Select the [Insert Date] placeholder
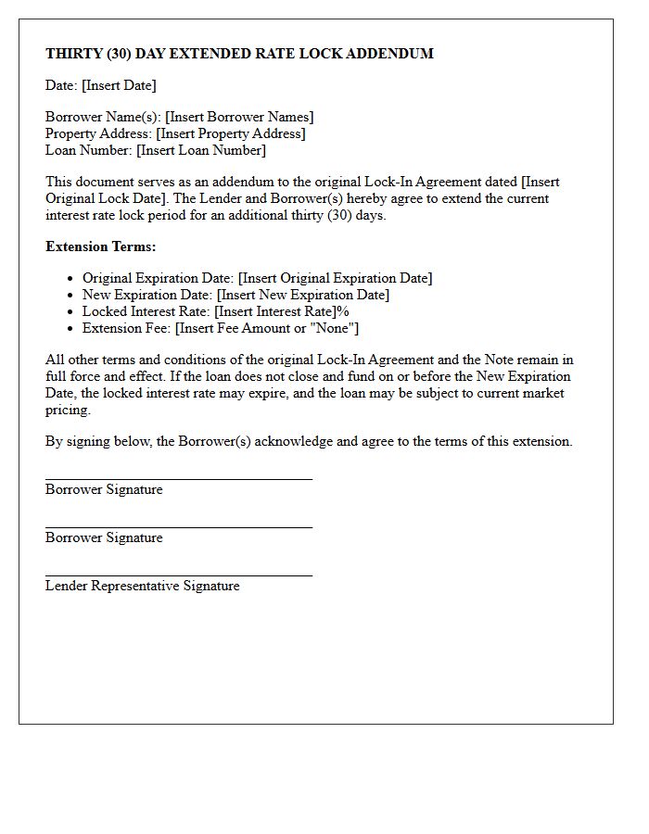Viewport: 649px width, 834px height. tap(119, 85)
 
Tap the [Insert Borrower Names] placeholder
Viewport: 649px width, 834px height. tap(239, 117)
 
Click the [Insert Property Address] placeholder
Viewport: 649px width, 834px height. tap(230, 133)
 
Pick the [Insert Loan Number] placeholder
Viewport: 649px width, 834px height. tap(200, 150)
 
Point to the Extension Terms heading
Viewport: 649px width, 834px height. tap(101, 246)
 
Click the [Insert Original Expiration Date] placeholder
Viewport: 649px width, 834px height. tap(335, 278)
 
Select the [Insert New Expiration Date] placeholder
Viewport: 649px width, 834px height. tap(303, 295)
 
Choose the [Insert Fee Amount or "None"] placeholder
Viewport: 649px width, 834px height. tap(267, 328)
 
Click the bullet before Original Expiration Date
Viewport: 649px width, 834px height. tap(70, 278)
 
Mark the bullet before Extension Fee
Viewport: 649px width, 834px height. tap(70, 328)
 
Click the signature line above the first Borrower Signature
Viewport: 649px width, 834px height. tap(178, 479)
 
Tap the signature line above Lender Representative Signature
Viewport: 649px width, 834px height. tap(178, 575)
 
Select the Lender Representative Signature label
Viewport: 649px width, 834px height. tap(142, 586)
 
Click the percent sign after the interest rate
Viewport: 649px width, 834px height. tap(343, 311)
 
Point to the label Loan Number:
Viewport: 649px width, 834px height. tap(89, 150)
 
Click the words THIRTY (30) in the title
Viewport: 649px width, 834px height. tap(85, 54)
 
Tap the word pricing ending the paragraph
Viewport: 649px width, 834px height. tap(67, 410)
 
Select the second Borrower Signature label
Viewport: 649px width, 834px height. tap(104, 537)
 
